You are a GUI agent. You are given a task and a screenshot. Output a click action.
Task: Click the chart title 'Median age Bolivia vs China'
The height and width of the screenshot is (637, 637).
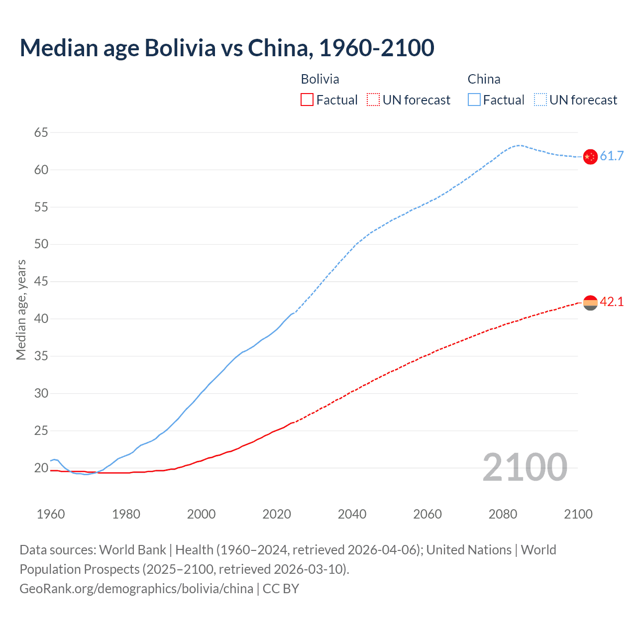(227, 48)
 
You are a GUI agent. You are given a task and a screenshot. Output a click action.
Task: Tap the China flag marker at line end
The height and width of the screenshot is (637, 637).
(590, 157)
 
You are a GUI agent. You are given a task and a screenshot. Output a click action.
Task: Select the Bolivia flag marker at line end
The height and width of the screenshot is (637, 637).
(590, 303)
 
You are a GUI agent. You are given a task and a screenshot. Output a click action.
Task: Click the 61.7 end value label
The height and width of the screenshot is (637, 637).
(612, 156)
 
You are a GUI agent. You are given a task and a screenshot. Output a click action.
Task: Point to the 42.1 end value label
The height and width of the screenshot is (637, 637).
(612, 302)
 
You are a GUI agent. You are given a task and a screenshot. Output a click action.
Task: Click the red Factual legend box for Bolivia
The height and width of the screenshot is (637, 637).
(307, 100)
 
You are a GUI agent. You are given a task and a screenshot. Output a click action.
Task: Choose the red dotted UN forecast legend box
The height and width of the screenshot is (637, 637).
(373, 100)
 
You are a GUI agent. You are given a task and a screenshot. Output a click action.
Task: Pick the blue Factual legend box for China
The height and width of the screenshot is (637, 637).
(474, 100)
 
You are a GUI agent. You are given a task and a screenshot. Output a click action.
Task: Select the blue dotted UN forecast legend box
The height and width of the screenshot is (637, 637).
(540, 100)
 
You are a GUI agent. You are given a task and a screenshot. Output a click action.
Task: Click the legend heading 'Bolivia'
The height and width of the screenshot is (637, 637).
(320, 79)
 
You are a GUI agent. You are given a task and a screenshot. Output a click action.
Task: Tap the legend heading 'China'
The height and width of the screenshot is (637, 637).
(484, 79)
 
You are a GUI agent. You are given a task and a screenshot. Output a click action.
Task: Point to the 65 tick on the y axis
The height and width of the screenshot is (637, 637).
(41, 132)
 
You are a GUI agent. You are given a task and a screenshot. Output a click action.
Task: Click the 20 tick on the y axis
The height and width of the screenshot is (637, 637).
(41, 468)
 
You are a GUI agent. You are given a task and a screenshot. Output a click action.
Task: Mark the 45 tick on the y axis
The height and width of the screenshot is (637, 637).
(41, 282)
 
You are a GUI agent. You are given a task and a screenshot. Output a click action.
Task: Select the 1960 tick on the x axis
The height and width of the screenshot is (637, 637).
(51, 514)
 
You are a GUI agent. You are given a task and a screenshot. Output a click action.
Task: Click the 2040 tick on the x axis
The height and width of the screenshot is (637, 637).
(352, 514)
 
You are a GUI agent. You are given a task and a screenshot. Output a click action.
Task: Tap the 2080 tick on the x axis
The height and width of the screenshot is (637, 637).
(503, 514)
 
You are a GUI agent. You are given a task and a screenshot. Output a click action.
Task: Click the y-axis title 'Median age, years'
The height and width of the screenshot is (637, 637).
(21, 310)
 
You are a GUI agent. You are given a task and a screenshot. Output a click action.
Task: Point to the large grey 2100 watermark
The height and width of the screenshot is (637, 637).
(525, 467)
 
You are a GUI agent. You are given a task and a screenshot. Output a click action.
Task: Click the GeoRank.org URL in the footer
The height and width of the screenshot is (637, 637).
(136, 589)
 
